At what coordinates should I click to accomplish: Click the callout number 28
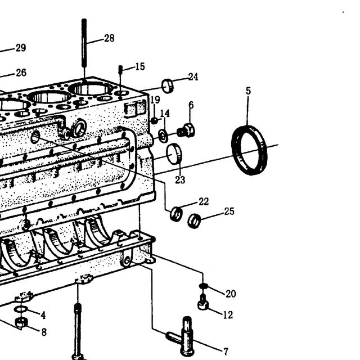(109, 38)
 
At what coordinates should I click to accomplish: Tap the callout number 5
(248, 91)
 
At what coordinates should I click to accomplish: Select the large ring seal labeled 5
(249, 150)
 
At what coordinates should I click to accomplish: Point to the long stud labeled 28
(84, 43)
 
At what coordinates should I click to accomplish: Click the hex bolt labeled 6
(186, 130)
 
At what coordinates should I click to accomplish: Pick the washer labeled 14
(163, 136)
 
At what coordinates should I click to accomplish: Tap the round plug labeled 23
(174, 154)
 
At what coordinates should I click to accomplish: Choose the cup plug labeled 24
(168, 86)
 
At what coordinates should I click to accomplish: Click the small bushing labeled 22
(176, 214)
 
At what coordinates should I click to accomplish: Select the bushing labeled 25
(194, 221)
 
